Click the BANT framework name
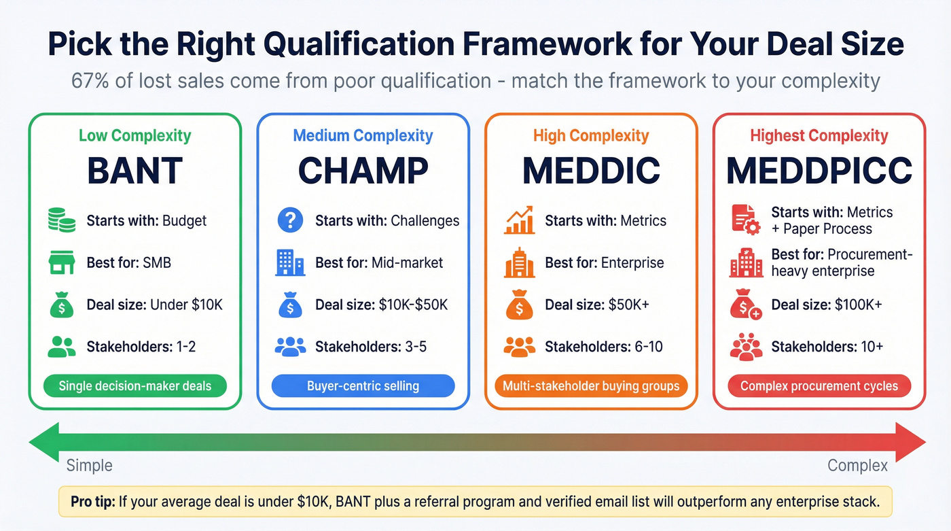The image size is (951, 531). coord(134,171)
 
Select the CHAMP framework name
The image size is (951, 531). coord(363,171)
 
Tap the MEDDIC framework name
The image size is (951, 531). coord(591,171)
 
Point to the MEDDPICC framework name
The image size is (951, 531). coord(819,171)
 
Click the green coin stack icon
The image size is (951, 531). coord(62,220)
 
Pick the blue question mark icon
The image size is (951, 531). coord(290,220)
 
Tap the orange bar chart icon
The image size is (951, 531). coord(519,220)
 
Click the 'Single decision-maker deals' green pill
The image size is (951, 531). coord(134,386)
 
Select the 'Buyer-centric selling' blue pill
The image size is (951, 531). coord(363,386)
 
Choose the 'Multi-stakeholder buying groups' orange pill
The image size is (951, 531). coord(591,386)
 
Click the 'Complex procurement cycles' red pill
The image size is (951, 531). coord(819,386)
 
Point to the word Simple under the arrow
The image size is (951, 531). coord(89,466)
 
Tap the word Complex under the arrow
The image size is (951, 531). coord(857,466)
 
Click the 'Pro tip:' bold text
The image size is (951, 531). coord(92,502)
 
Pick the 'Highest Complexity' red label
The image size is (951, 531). coord(819,135)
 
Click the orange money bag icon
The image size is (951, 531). coord(519,305)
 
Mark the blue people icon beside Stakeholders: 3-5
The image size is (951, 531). coord(290,347)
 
